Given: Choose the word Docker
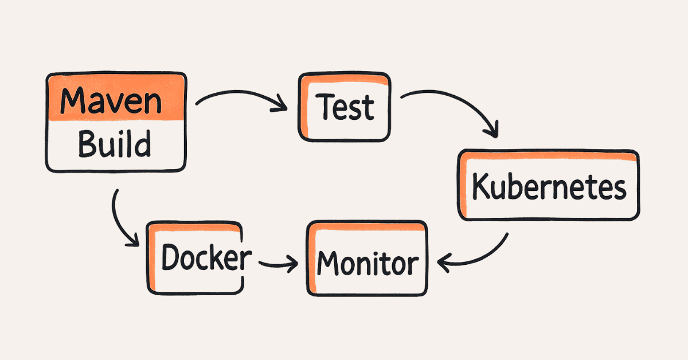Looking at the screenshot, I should click(x=206, y=258).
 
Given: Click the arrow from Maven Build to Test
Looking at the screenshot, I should click(x=241, y=97).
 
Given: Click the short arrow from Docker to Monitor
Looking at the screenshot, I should click(x=278, y=264).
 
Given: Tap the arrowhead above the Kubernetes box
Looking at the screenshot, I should click(x=491, y=131).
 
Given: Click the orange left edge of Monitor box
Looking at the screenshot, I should click(x=311, y=261).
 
